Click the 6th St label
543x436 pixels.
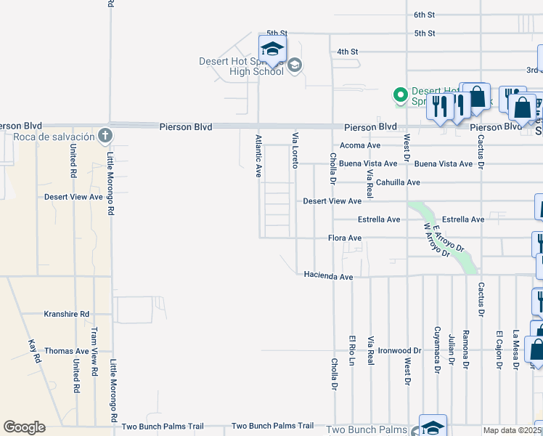click(424, 15)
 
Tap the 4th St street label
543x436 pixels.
click(348, 52)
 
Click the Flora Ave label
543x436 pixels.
click(345, 238)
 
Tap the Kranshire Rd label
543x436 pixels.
click(66, 314)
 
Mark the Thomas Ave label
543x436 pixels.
click(66, 350)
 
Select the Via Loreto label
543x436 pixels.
click(295, 150)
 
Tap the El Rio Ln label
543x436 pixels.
click(352, 350)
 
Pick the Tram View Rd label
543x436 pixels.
click(94, 351)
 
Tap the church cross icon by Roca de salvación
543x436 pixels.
click(105, 136)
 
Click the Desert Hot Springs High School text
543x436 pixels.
click(241, 66)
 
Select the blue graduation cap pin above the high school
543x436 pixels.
click(272, 49)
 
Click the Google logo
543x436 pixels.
click(24, 427)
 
